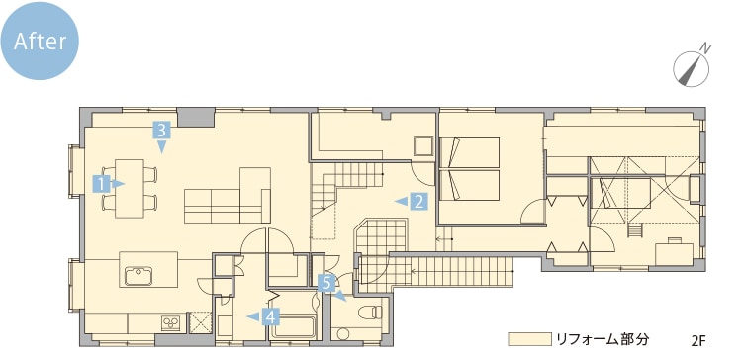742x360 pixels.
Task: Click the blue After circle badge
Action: [40, 41]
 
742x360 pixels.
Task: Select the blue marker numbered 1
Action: [108, 184]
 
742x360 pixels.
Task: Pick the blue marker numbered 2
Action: [413, 202]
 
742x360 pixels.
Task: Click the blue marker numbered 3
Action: [161, 136]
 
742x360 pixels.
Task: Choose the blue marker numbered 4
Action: [264, 316]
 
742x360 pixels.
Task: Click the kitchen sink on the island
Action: [139, 276]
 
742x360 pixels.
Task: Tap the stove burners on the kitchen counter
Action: [171, 322]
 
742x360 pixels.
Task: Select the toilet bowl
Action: [370, 313]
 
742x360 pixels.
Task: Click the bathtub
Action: [294, 326]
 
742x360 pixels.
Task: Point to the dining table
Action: [130, 188]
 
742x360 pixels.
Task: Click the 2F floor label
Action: [698, 340]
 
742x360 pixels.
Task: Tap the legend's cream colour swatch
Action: [529, 339]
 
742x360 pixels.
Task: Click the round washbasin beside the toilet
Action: [343, 334]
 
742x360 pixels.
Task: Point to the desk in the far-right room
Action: [674, 252]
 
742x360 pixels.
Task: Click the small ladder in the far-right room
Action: [634, 230]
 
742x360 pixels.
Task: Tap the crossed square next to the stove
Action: [200, 322]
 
